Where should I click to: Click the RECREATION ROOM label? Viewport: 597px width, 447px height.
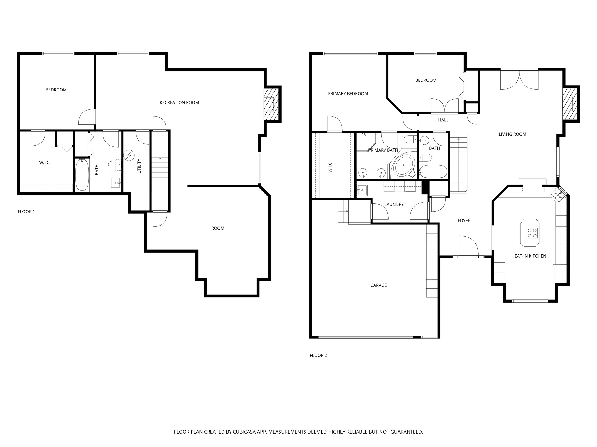click(179, 102)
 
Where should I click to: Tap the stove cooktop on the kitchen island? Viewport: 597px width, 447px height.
click(530, 233)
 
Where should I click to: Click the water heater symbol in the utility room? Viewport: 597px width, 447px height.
click(128, 155)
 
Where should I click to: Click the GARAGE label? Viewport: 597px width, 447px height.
click(378, 285)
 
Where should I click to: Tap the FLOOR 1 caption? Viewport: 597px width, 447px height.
click(26, 212)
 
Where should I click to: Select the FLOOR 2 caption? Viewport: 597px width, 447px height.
click(318, 355)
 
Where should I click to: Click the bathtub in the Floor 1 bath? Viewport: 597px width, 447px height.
click(82, 175)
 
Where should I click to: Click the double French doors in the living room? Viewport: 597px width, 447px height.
click(519, 79)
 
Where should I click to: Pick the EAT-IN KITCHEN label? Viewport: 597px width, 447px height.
click(530, 256)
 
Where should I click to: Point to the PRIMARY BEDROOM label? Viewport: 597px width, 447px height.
click(348, 93)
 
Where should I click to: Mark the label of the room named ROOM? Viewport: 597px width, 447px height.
click(217, 228)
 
